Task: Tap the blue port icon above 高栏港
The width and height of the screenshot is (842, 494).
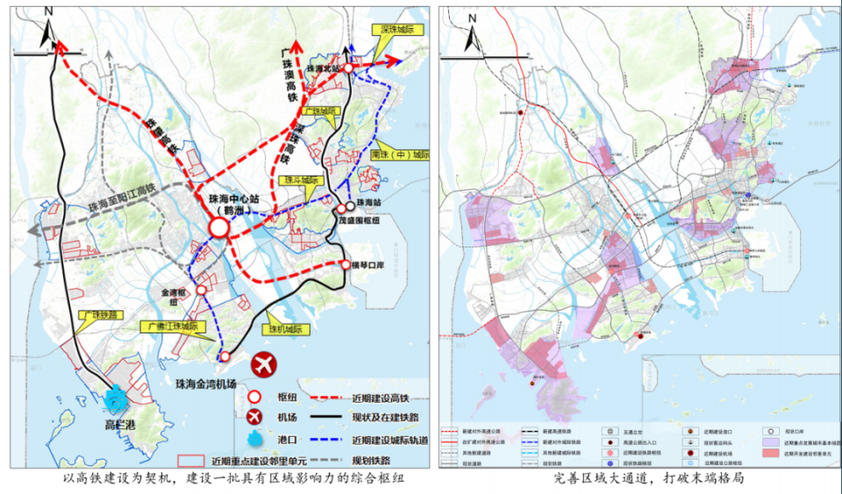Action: (x=115, y=399)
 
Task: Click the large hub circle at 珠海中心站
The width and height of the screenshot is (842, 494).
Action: (x=218, y=228)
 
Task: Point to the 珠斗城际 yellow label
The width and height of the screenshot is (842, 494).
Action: (x=297, y=180)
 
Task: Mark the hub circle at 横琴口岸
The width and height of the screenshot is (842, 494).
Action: (x=344, y=264)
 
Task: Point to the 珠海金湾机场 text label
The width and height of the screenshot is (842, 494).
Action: (x=207, y=383)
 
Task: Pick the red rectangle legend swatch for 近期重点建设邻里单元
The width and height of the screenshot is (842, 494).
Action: (x=190, y=459)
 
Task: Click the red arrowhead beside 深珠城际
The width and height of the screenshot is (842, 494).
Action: (x=394, y=60)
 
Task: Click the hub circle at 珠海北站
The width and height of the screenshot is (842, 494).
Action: (x=348, y=68)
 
